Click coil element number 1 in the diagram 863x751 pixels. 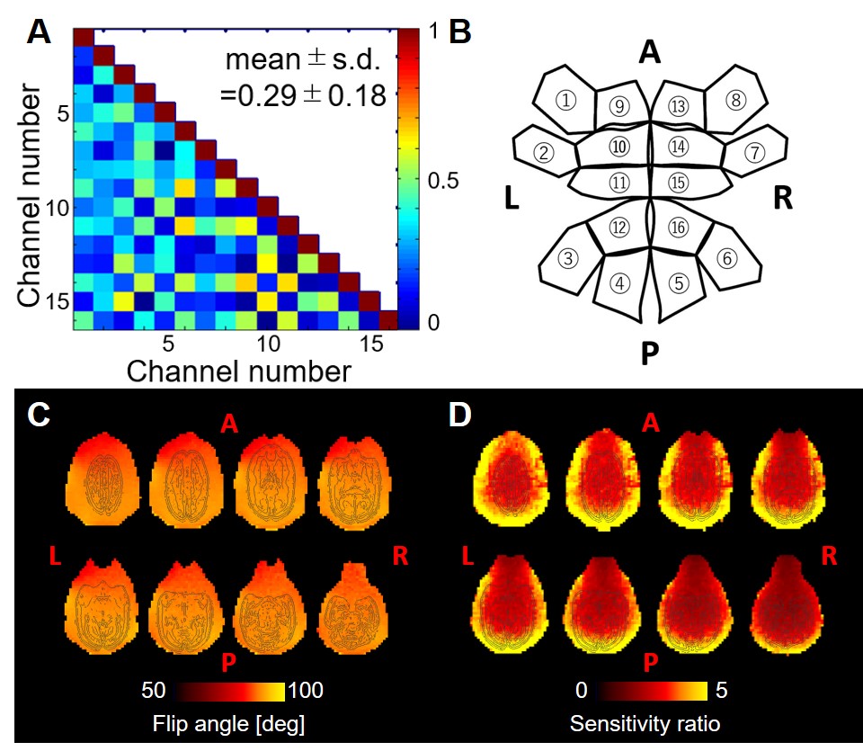coord(565,101)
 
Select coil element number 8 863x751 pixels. coord(735,101)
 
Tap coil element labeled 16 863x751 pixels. coord(679,228)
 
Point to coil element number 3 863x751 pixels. coord(567,259)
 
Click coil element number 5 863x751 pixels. coord(681,282)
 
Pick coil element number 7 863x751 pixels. coord(756,152)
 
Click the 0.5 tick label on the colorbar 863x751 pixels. coord(443,180)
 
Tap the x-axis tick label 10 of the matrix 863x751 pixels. coord(267,344)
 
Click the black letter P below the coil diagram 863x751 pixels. coord(650,355)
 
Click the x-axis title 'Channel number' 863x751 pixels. coord(237,371)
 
